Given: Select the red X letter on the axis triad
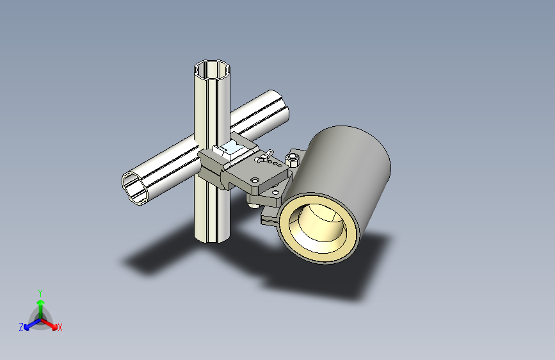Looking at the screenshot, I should point(60,327).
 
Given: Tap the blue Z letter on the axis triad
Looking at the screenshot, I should point(21,327).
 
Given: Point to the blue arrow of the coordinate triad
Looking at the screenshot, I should point(29,325).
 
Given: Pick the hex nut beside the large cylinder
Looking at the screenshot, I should point(294,157).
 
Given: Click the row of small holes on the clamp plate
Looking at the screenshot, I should point(276,165).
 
